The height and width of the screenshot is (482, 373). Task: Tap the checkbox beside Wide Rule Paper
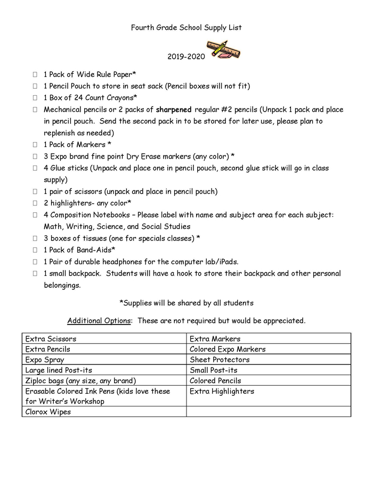pyautogui.click(x=35, y=74)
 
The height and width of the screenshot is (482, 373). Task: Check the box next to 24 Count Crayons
pyautogui.click(x=35, y=98)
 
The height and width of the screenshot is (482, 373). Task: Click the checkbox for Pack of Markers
pyautogui.click(x=35, y=145)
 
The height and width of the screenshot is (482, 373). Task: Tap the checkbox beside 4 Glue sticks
pyautogui.click(x=35, y=168)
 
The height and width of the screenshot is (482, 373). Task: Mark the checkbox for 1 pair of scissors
pyautogui.click(x=35, y=192)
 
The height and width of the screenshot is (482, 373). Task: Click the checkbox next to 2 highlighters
pyautogui.click(x=35, y=203)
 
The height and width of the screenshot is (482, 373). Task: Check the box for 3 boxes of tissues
pyautogui.click(x=35, y=238)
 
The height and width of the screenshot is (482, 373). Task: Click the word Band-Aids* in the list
pyautogui.click(x=98, y=250)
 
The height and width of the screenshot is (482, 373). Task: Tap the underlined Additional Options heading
pyautogui.click(x=99, y=321)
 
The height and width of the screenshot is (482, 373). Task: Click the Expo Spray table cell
pyautogui.click(x=104, y=360)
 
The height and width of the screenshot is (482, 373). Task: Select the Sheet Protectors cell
pyautogui.click(x=269, y=360)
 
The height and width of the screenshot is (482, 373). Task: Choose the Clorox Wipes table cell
pyautogui.click(x=104, y=412)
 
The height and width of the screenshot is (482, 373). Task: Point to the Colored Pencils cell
pyautogui.click(x=269, y=380)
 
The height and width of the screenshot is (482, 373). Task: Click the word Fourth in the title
pyautogui.click(x=143, y=27)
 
